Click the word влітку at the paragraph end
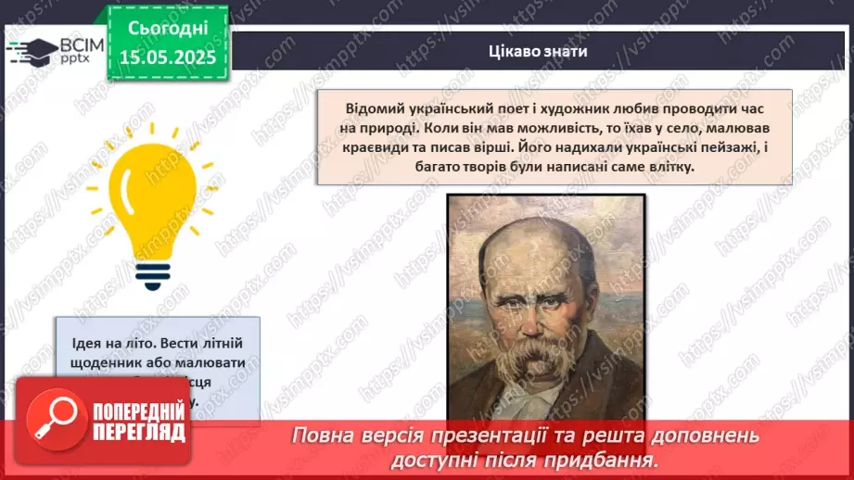click(x=670, y=166)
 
